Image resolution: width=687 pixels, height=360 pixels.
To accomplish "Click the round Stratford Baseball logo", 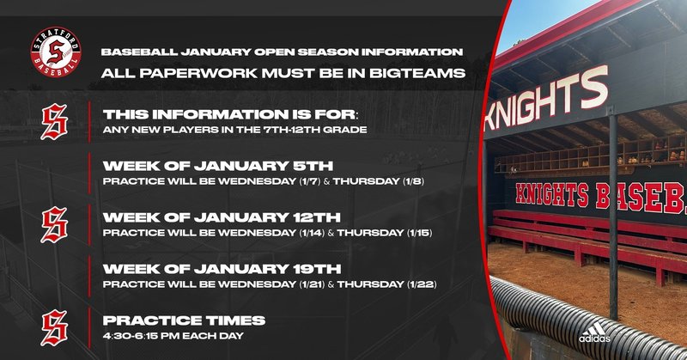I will tap(52, 52).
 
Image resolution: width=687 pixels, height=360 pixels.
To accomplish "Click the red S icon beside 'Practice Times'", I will tap(54, 327).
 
